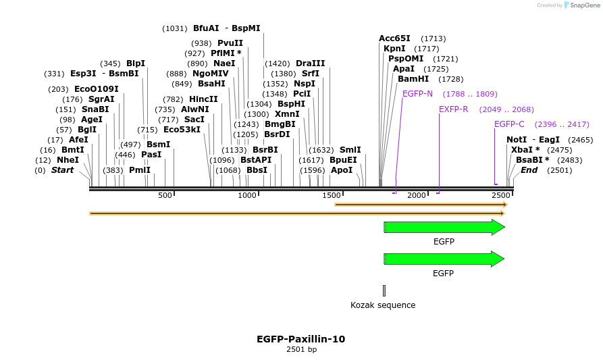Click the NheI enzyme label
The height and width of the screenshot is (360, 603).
tap(68, 160)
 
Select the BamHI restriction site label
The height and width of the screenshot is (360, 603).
tap(413, 79)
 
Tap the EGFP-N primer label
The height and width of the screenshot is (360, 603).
tap(417, 93)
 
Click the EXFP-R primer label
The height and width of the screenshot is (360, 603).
tap(454, 109)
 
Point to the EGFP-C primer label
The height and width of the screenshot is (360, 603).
tap(509, 124)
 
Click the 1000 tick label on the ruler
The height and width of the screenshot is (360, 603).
tap(247, 195)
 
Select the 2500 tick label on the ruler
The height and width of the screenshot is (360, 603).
tap(500, 195)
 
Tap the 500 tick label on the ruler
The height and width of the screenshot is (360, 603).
tap(165, 195)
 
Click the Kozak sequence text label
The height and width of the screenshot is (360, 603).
tap(383, 305)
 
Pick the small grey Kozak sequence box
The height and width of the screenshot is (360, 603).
tap(384, 290)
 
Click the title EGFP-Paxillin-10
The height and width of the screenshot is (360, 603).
tap(301, 339)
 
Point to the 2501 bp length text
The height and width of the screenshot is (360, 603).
tap(301, 350)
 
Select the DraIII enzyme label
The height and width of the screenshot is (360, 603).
tap(311, 63)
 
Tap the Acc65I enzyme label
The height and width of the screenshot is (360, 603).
tap(394, 38)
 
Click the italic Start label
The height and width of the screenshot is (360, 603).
tap(62, 170)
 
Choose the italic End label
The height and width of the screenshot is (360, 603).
tap(529, 170)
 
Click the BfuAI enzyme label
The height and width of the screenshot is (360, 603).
tap(206, 28)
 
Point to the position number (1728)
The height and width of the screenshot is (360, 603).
tap(450, 79)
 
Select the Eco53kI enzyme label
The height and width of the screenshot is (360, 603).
tap(182, 130)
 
